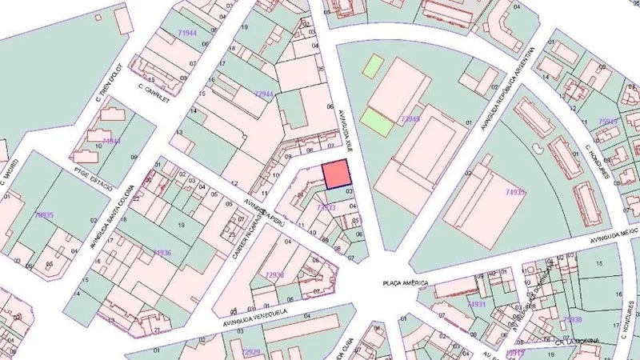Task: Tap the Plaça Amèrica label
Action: click(406, 284)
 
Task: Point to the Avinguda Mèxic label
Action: click(617, 235)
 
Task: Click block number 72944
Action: click(264, 94)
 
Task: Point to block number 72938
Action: click(274, 274)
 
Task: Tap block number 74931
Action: click(477, 304)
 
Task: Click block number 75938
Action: click(572, 319)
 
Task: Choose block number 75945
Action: click(608, 122)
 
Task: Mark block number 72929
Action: click(251, 351)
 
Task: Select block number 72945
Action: click(410, 118)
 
